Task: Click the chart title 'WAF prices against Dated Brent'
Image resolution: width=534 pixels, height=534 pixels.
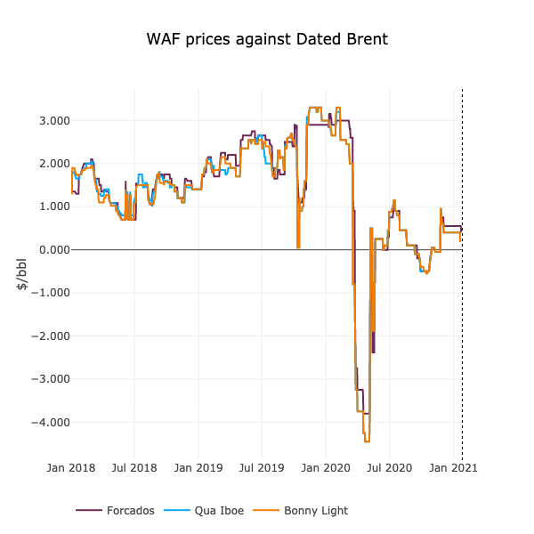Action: tap(267, 40)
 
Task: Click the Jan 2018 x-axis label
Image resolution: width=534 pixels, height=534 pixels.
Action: tap(71, 467)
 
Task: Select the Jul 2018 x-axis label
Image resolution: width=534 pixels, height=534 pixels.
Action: tap(134, 467)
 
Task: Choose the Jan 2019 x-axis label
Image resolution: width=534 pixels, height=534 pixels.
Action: tap(198, 467)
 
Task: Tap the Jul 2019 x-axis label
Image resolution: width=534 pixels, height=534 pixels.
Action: tap(262, 467)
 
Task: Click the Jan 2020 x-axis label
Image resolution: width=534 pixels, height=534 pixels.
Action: tap(326, 467)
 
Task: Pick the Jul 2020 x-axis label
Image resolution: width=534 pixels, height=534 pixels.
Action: tap(389, 467)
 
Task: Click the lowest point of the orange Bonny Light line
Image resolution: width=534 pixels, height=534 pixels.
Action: tap(367, 441)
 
